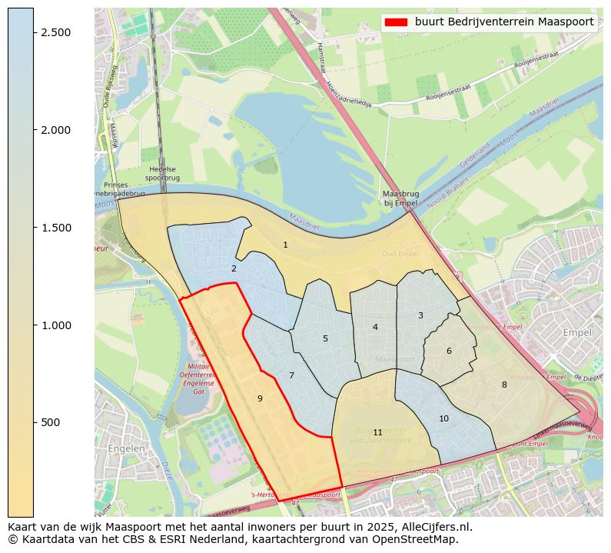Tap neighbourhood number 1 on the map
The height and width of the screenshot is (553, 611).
pyautogui.click(x=285, y=245)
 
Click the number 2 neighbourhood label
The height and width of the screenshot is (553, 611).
pyautogui.click(x=234, y=269)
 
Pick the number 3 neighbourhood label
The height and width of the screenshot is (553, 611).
pyautogui.click(x=420, y=316)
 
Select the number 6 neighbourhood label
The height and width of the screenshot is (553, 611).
pyautogui.click(x=449, y=351)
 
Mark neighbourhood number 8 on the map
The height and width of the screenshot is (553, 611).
pyautogui.click(x=504, y=385)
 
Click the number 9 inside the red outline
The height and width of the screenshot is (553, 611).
pyautogui.click(x=260, y=398)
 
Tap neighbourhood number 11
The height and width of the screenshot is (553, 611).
pyautogui.click(x=377, y=433)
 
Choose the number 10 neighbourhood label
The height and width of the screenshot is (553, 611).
pyautogui.click(x=443, y=419)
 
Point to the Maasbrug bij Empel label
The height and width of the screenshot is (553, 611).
pyautogui.click(x=400, y=198)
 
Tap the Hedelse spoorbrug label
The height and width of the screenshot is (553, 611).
pyautogui.click(x=162, y=174)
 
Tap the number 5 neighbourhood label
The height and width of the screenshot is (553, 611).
pyautogui.click(x=325, y=339)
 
